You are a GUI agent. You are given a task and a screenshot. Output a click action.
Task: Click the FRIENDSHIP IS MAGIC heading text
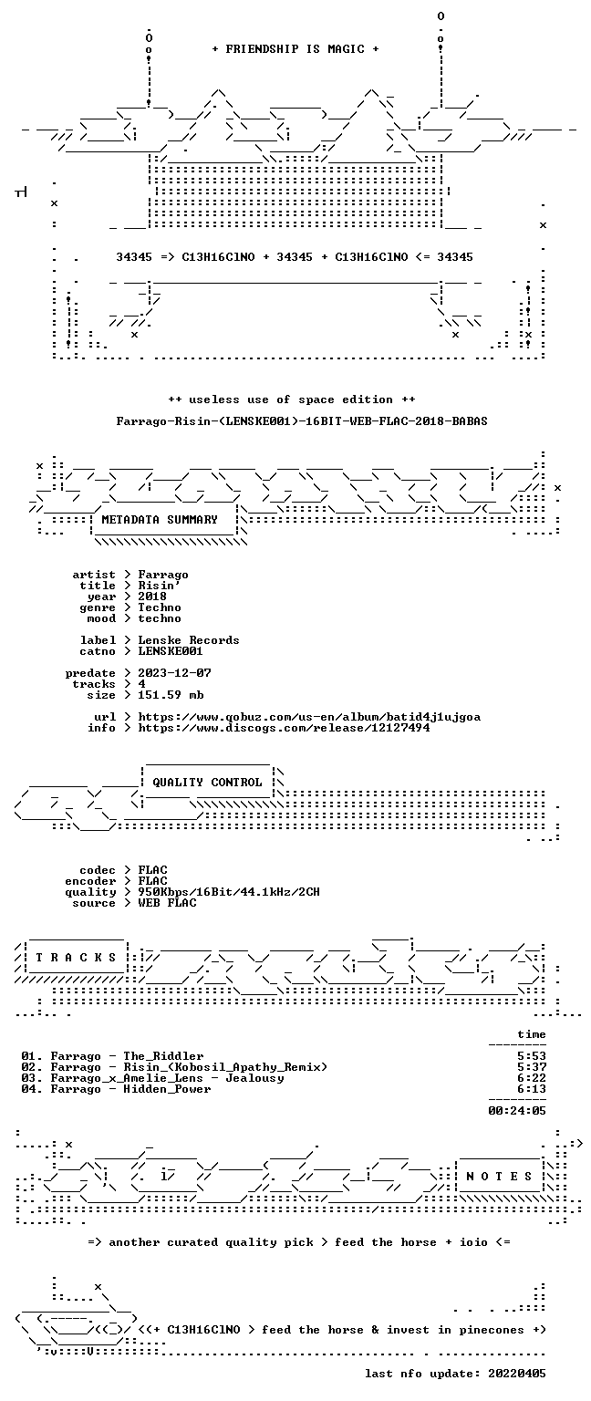[x=295, y=48]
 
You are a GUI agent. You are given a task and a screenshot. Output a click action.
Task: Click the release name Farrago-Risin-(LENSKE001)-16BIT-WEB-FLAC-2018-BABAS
[x=302, y=420]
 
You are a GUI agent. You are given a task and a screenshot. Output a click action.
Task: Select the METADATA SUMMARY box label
[x=160, y=520]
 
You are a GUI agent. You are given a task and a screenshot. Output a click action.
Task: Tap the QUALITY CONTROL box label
[x=207, y=783]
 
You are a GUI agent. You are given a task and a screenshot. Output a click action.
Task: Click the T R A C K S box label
[x=77, y=958]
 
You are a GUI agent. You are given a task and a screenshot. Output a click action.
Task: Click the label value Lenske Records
[x=189, y=639]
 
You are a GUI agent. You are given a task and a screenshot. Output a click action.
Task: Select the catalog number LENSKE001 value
[x=171, y=651]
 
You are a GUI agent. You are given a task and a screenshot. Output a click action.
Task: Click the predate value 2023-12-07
[x=174, y=673]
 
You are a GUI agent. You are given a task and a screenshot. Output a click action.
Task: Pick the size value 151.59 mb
[x=171, y=695]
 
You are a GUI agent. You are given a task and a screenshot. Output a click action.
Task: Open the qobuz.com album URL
[x=309, y=717]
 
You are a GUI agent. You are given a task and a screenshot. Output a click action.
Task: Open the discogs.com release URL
[x=284, y=727]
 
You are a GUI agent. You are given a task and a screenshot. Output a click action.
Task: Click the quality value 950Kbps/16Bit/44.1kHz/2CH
[x=229, y=892]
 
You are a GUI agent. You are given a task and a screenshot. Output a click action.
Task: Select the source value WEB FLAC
[x=167, y=902]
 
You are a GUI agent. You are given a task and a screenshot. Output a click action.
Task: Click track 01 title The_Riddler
[x=163, y=1056]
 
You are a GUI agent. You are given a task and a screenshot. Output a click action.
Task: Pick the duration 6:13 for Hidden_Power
[x=532, y=1089]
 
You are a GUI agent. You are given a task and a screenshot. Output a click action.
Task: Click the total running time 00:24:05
[x=517, y=1111]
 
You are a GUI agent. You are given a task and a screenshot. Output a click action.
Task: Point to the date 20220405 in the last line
[x=517, y=1374]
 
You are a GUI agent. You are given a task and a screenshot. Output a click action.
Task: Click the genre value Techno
[x=160, y=607]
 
